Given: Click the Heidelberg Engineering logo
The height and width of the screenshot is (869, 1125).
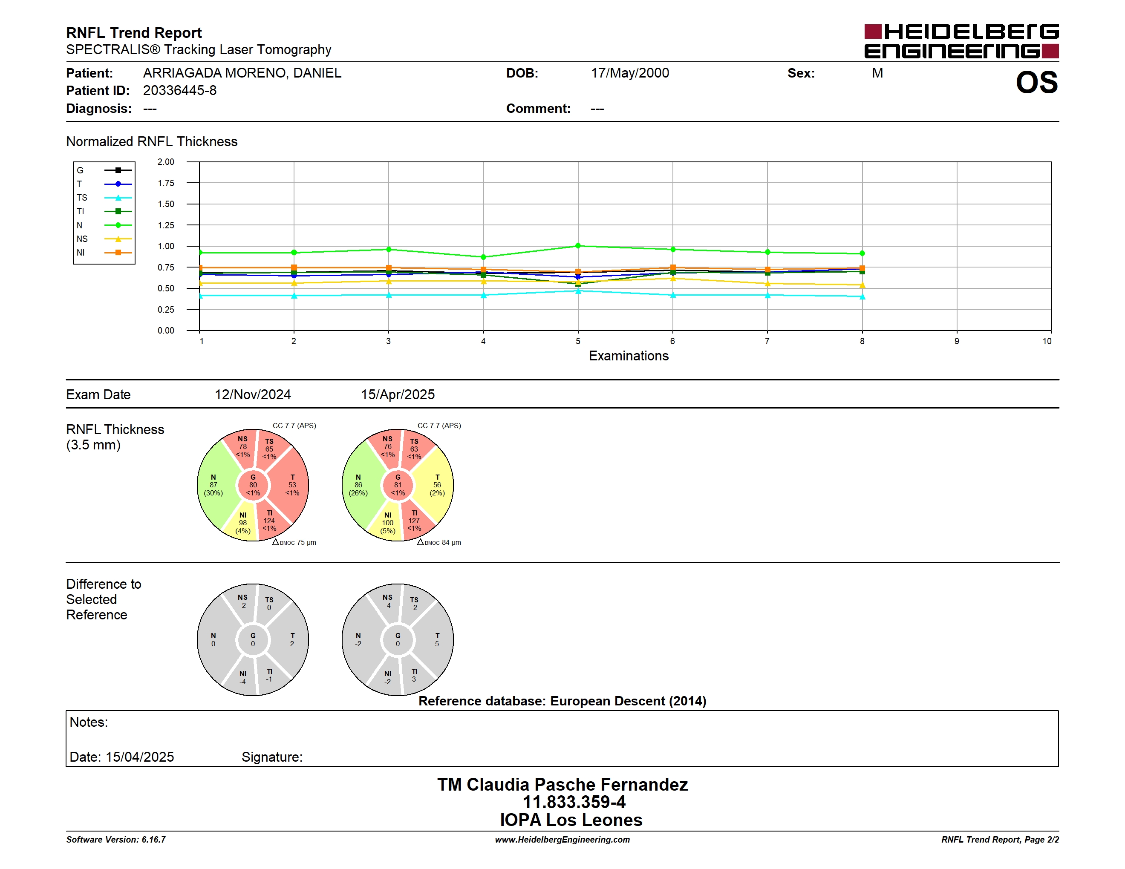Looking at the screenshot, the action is pos(961,41).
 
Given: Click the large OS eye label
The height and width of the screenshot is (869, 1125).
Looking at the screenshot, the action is pos(1036,82).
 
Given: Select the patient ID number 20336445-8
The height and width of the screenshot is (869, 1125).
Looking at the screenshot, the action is pos(180,91).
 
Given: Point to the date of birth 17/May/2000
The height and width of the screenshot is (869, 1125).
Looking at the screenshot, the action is pos(630,73).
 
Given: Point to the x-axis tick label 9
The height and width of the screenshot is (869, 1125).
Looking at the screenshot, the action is pos(957,341).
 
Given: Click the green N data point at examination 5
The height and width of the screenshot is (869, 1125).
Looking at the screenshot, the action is pos(578,245).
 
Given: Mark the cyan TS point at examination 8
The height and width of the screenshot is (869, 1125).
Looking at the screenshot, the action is pos(862,296).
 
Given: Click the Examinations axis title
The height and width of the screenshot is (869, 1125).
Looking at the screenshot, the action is pos(629,356).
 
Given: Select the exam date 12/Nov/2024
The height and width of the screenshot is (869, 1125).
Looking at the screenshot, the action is pos(253,394).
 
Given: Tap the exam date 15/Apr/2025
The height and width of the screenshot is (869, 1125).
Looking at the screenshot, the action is pos(398,394).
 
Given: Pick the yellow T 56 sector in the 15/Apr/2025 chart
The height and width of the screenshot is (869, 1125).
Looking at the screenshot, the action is pos(435,485).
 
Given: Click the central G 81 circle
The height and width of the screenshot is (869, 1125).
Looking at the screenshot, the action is pos(398,485).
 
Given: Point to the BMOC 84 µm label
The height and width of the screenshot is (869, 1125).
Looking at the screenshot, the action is pos(439,543).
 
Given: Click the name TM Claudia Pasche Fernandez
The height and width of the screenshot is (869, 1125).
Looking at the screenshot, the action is pos(562,785).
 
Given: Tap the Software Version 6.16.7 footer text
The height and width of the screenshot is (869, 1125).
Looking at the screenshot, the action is pos(116,840).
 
